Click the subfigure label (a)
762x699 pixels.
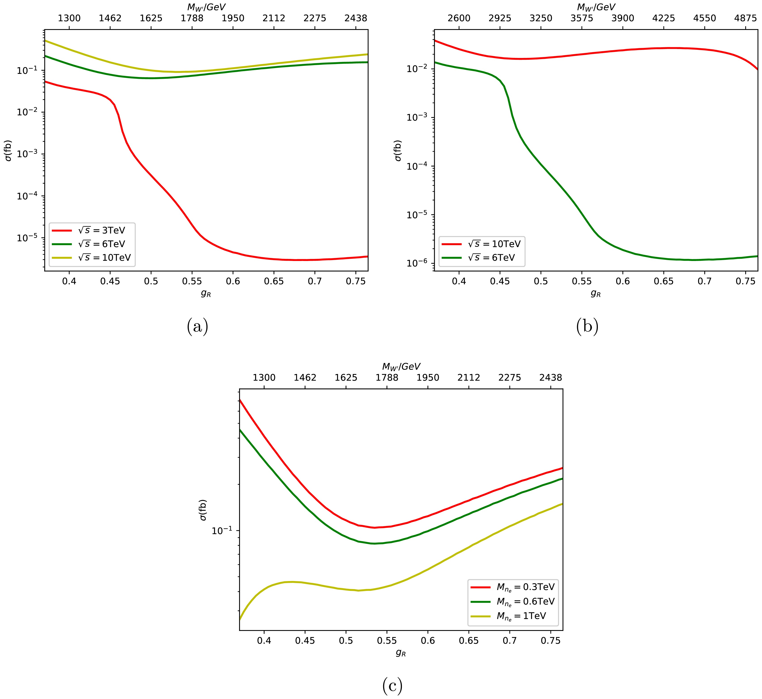(x=197, y=326)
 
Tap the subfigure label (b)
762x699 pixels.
(x=587, y=326)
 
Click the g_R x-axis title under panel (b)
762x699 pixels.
(x=596, y=293)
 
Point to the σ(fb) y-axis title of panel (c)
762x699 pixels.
(x=203, y=510)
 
